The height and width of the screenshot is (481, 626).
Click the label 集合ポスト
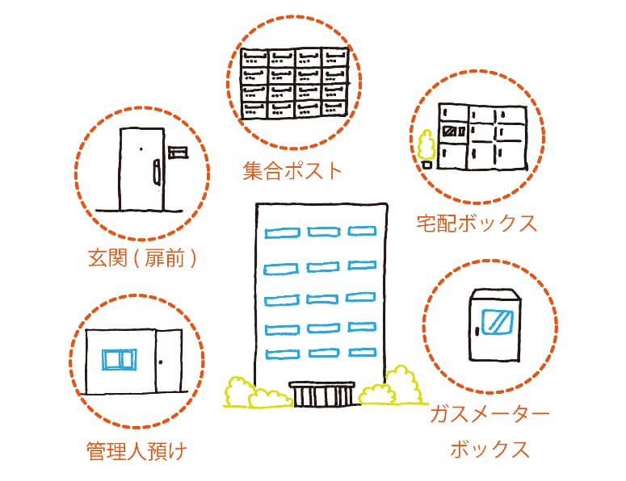(x=292, y=172)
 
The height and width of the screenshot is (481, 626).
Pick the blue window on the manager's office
(x=120, y=359)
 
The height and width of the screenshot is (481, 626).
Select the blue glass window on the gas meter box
(x=494, y=322)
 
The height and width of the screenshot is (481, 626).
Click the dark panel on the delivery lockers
(x=451, y=129)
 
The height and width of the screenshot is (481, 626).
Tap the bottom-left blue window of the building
(x=279, y=352)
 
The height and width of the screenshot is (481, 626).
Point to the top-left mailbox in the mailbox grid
(x=256, y=58)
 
